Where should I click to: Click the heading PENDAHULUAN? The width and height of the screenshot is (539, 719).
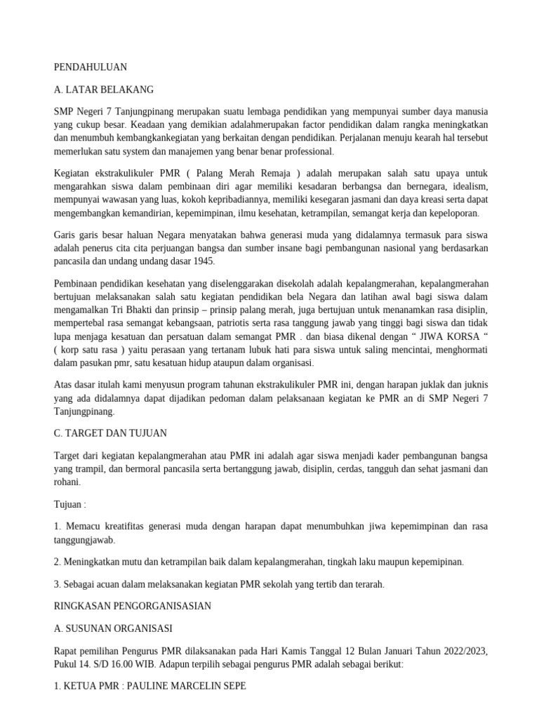90,67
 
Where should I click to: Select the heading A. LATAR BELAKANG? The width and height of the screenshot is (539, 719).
103,90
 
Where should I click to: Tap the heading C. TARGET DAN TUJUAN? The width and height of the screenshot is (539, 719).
109,433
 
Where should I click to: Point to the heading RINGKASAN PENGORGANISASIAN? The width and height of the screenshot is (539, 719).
132,605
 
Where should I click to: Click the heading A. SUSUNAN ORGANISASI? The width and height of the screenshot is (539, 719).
113,628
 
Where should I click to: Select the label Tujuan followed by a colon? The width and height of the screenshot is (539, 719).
71,504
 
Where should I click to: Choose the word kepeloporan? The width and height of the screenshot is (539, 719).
451,213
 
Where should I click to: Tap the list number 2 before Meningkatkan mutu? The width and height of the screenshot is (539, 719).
57,562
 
